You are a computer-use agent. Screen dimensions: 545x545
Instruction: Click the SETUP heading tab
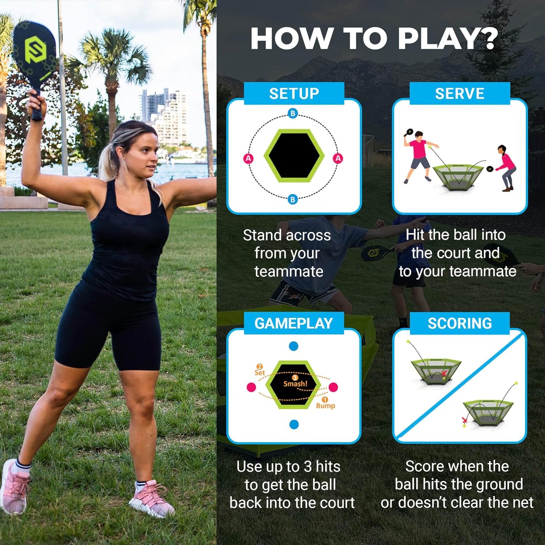click(294, 94)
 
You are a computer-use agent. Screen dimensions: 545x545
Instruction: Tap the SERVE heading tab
click(459, 94)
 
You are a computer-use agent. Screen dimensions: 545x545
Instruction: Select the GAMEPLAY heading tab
click(293, 323)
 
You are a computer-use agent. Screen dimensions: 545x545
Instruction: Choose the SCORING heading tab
click(459, 323)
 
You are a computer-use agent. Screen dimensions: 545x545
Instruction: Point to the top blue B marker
click(293, 113)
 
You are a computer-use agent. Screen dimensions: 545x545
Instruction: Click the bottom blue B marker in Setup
click(293, 199)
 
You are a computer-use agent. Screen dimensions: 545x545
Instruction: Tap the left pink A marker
click(248, 158)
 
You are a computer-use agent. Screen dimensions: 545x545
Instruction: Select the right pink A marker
click(338, 158)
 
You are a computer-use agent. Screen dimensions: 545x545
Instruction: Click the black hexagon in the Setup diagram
click(294, 156)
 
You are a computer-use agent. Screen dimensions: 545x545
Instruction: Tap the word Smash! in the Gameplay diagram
click(295, 384)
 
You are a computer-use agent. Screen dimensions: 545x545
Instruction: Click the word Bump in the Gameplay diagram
click(325, 406)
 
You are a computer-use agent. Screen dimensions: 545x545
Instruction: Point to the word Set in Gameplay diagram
click(259, 373)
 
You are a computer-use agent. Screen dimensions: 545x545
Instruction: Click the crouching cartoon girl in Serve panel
click(506, 167)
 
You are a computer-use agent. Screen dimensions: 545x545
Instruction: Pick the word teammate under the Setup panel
click(289, 272)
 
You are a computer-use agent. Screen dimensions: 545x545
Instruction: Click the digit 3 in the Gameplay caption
click(307, 467)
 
